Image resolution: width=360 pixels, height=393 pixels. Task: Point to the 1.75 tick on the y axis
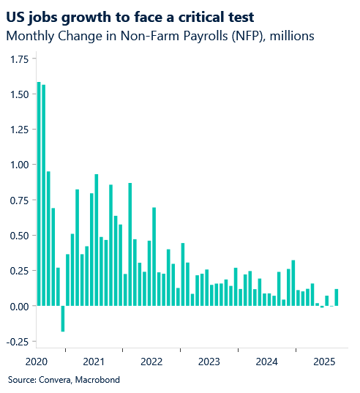pyautogui.click(x=19, y=59)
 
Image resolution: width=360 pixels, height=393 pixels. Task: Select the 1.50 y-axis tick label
pyautogui.click(x=19, y=94)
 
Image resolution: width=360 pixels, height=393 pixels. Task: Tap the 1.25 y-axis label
pyautogui.click(x=19, y=130)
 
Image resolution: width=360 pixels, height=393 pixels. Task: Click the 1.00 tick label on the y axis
pyautogui.click(x=19, y=165)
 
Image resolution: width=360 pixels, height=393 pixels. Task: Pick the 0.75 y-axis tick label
pyautogui.click(x=19, y=200)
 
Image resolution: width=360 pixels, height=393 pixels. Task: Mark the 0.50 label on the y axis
pyautogui.click(x=19, y=236)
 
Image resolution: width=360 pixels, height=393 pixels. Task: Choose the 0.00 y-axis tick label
pyautogui.click(x=19, y=306)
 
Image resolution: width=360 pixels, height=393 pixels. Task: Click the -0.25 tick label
pyautogui.click(x=18, y=341)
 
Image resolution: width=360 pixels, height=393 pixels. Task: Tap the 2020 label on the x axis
pyautogui.click(x=35, y=362)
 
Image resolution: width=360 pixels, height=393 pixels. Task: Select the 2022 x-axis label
pyautogui.click(x=151, y=362)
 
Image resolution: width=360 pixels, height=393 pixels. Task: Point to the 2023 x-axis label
pyautogui.click(x=209, y=362)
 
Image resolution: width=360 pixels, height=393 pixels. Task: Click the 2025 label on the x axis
pyautogui.click(x=324, y=362)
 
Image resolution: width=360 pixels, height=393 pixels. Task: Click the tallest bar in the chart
pyautogui.click(x=39, y=194)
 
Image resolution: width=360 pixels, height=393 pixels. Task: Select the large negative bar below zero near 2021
pyautogui.click(x=63, y=318)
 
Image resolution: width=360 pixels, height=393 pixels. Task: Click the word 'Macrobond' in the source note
pyautogui.click(x=96, y=380)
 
